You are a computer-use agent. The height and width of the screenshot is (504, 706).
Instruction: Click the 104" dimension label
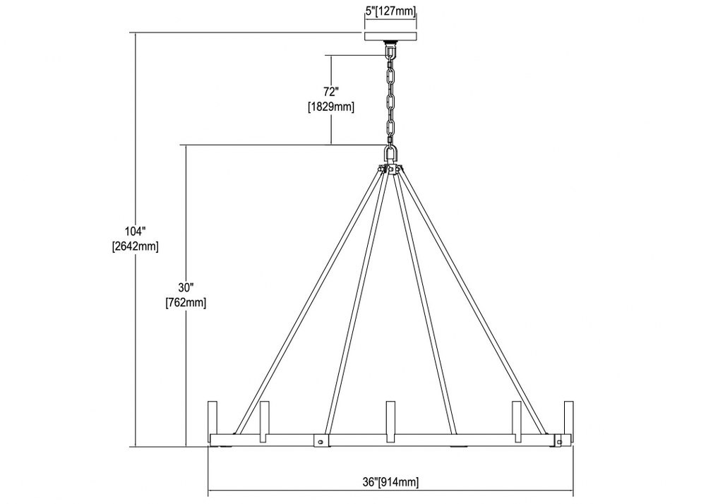136,232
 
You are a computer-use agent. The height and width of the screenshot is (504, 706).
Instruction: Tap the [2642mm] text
136,247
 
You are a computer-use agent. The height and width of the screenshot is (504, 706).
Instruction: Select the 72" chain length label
331,92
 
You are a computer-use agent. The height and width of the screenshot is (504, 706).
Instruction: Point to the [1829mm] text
331,107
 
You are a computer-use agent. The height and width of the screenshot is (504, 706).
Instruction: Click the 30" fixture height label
186,287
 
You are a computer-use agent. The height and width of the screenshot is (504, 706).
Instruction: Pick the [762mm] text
186,302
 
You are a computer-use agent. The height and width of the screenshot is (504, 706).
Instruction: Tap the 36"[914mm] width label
390,482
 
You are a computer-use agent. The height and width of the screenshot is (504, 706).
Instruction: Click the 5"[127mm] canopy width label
390,11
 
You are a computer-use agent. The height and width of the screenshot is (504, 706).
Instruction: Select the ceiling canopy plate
390,36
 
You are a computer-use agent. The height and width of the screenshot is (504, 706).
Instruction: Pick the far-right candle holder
568,418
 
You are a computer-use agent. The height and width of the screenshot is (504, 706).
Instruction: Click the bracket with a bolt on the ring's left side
321,441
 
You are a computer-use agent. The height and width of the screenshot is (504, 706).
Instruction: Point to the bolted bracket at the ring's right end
558,441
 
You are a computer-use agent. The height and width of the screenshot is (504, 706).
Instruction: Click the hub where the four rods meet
391,170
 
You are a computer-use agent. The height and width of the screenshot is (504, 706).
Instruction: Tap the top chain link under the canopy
390,53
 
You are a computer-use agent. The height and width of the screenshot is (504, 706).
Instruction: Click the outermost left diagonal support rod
308,301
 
